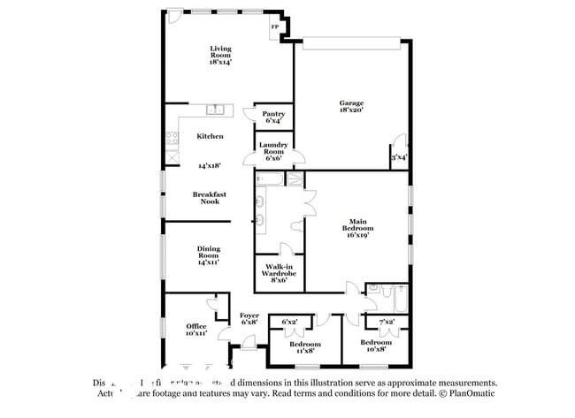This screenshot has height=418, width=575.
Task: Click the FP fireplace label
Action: [275, 28]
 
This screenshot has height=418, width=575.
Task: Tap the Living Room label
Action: [220, 55]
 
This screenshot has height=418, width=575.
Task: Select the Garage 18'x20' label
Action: [351, 106]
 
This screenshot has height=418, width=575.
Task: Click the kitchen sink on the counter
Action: [214, 110]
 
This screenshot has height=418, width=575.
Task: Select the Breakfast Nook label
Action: [209, 198]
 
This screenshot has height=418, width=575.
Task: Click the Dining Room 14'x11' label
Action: [209, 255]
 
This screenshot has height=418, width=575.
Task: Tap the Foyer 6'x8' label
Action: [249, 318]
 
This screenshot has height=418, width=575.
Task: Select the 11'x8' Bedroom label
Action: [304, 347]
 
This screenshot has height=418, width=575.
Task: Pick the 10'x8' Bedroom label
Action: [375, 346]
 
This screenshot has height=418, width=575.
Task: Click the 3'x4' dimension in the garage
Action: [399, 157]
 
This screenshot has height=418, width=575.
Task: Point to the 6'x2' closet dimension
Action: [289, 321]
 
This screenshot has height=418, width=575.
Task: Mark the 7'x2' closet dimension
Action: [387, 321]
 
